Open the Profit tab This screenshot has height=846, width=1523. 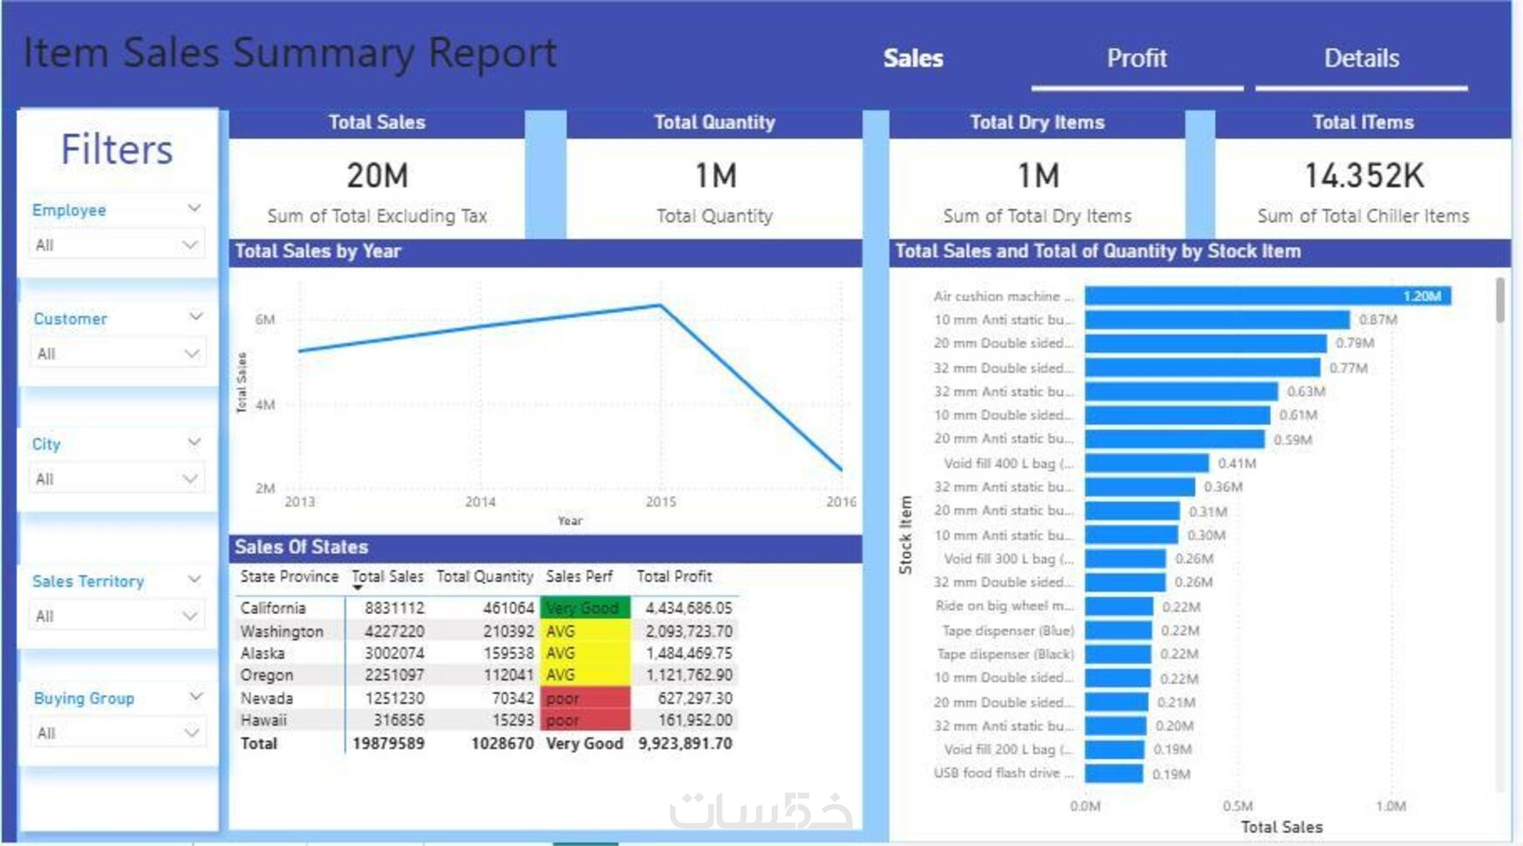click(1136, 58)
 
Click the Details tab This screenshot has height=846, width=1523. click(1361, 58)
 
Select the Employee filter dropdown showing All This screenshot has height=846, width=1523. click(117, 245)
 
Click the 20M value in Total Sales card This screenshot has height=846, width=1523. click(377, 176)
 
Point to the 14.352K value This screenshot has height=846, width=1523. click(1363, 176)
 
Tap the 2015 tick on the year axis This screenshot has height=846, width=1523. click(660, 502)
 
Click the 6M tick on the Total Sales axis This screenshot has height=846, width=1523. click(265, 320)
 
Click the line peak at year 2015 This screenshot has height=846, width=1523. click(660, 305)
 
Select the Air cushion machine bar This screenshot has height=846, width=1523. click(1267, 297)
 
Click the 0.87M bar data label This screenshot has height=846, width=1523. click(1377, 320)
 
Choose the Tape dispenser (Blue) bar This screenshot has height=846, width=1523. click(1118, 630)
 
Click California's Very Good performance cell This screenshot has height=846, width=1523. click(584, 608)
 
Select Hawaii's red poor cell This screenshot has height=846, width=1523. click(584, 720)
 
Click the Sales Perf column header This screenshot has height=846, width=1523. click(579, 577)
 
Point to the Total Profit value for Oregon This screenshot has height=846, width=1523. click(688, 675)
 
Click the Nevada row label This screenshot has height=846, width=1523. click(267, 698)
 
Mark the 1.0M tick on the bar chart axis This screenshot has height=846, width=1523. click(1390, 806)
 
